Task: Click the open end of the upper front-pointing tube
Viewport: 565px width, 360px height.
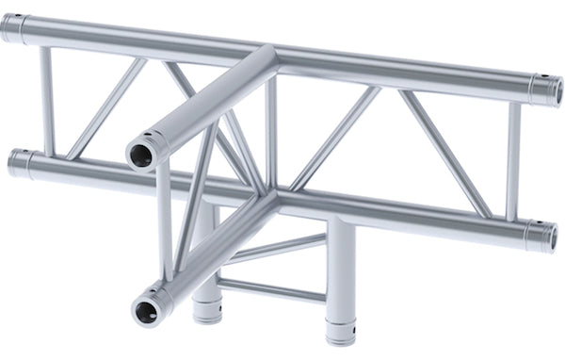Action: tap(140, 151)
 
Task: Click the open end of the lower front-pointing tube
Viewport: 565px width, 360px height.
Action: tap(145, 308)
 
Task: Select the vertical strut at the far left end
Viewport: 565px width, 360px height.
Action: tap(46, 99)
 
